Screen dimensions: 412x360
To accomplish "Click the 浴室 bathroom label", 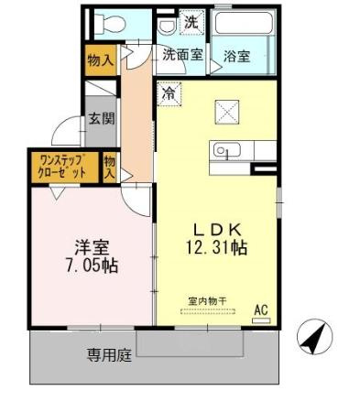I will click(x=236, y=56).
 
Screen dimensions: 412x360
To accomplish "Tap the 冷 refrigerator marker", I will click(x=169, y=92).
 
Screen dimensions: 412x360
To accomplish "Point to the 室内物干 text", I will click(x=206, y=299).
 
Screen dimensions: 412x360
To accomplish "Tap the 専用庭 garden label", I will click(x=109, y=355).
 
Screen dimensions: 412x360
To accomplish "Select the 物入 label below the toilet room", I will click(x=101, y=61).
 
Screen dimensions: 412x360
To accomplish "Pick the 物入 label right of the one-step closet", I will click(x=110, y=166).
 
